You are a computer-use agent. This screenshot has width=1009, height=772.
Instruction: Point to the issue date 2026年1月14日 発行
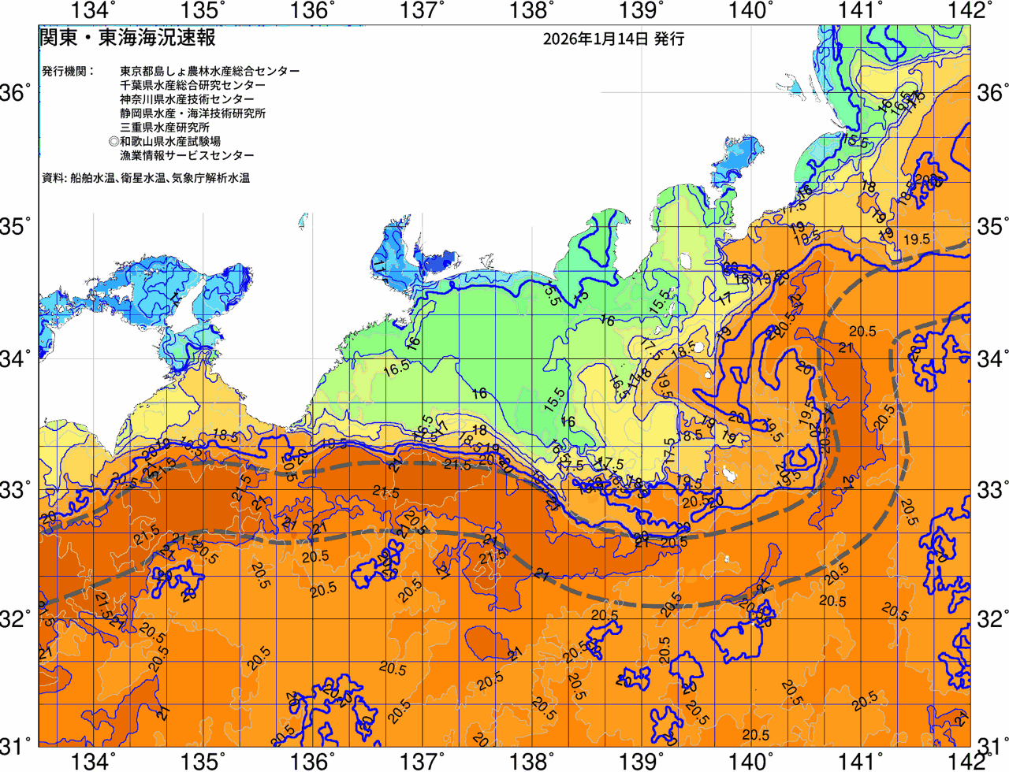pos(613,39)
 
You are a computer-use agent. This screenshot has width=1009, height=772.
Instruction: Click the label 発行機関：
pos(68,71)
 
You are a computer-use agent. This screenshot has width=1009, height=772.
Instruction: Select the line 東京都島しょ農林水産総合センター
pos(210,71)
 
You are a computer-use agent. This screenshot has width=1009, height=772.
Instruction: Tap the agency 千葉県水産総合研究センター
pos(192,85)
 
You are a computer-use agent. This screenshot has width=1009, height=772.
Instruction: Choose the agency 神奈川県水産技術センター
pos(187,99)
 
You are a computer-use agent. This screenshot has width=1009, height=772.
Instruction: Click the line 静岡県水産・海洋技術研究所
pos(192,113)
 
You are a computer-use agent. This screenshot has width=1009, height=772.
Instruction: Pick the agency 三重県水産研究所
pos(165,128)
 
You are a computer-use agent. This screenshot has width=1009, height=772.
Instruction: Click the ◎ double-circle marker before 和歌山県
pos(114,142)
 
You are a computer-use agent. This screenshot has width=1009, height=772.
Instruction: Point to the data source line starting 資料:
pos(146,179)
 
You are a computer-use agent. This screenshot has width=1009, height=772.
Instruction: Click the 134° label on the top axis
pos(93,11)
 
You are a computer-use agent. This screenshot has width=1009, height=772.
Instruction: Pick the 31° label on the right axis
pos(992,744)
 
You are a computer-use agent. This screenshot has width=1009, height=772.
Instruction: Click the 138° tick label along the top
pos(529,11)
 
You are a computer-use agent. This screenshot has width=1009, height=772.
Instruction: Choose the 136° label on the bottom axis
pos(311,761)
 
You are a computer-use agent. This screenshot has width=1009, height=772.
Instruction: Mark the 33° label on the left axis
pos(16,490)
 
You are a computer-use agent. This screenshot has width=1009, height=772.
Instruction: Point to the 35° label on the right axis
pos(992,227)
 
